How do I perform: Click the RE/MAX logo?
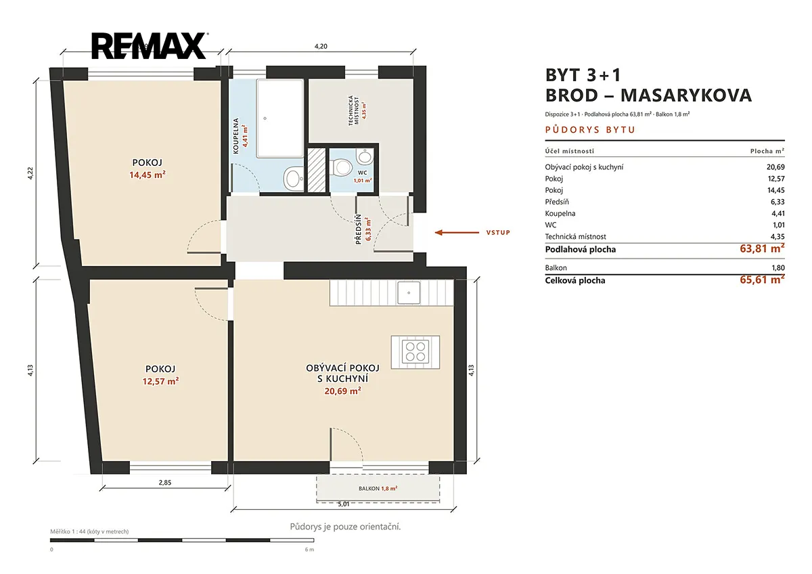pos(150,45)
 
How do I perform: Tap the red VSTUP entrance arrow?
pos(457,232)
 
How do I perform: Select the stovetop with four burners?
pos(415,352)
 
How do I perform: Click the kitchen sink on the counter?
pos(409,292)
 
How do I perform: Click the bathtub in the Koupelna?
pos(280,118)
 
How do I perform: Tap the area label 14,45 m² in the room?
pos(148,175)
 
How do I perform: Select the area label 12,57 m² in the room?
pos(160,381)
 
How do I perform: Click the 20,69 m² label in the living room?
pos(342,391)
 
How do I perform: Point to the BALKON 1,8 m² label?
pos(378,489)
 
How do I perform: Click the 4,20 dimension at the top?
pos(321,47)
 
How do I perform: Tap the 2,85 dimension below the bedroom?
pos(165,483)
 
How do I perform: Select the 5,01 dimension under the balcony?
pos(344,504)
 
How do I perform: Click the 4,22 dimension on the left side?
pos(30,173)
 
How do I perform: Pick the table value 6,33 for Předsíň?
pos(777,202)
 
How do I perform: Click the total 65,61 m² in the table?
pos(762,280)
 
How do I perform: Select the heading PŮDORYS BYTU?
pos(590,130)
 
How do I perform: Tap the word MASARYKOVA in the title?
pos(686,95)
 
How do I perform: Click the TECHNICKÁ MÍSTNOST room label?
pos(353,110)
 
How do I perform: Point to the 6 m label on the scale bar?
pos(309,550)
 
